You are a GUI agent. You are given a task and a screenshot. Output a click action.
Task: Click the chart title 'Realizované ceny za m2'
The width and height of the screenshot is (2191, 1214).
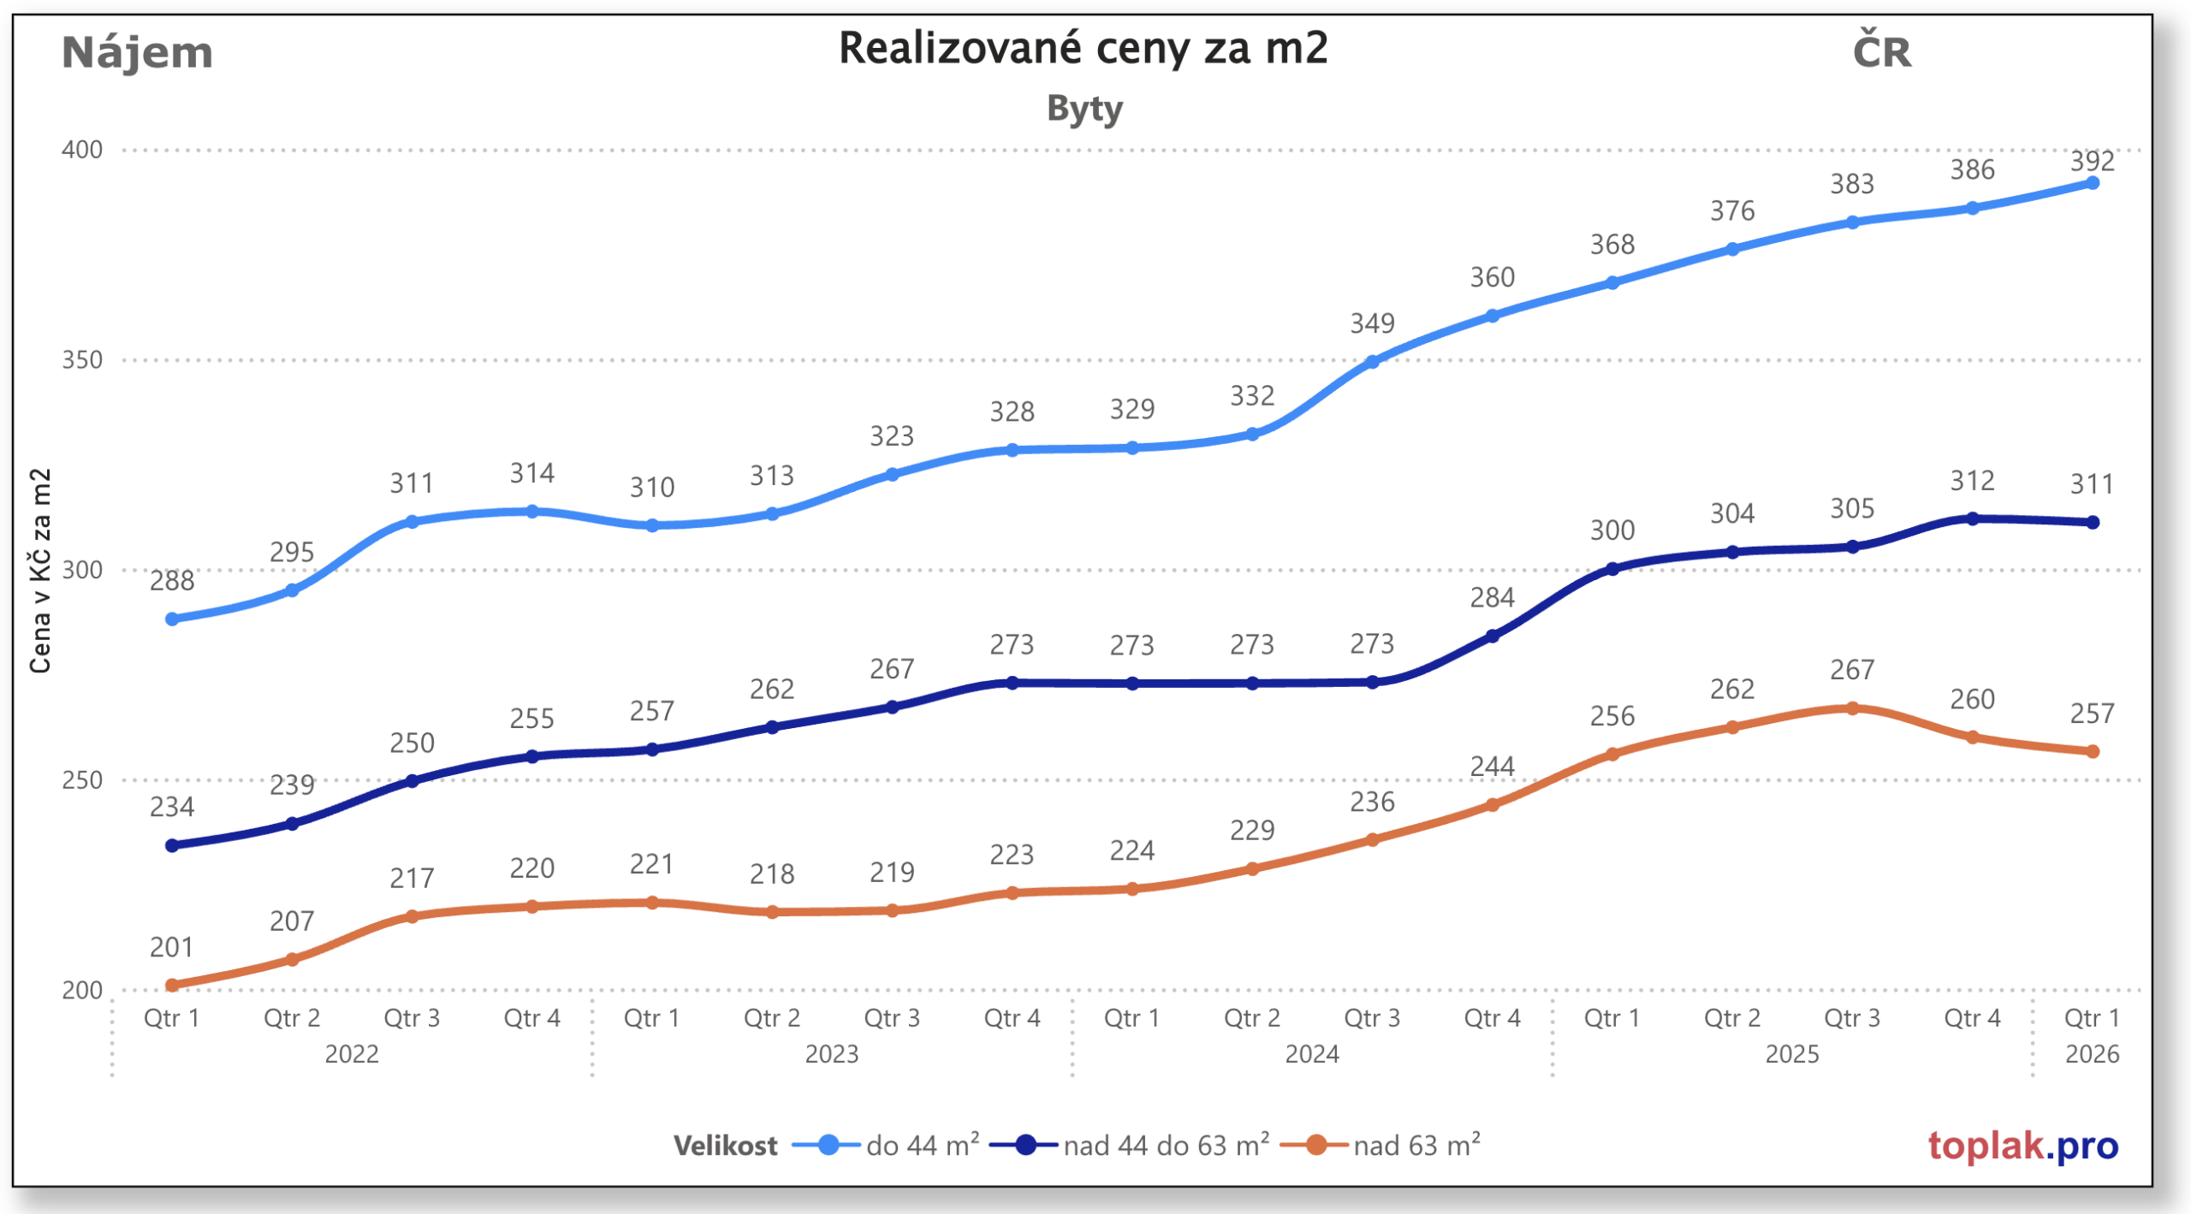click(1083, 48)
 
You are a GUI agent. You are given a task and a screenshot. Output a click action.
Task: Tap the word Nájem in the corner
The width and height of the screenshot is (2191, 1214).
click(137, 53)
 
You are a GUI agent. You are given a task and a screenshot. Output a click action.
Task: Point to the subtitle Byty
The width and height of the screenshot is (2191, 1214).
click(1084, 110)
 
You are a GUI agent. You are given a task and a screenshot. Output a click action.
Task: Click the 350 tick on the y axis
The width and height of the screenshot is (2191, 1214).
click(82, 359)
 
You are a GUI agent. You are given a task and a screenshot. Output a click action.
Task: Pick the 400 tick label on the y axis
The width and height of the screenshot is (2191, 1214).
click(82, 150)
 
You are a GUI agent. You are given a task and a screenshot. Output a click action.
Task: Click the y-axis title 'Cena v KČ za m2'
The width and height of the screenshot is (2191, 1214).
click(40, 571)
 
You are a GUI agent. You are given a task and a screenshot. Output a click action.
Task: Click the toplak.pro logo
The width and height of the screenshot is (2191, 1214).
click(2022, 1145)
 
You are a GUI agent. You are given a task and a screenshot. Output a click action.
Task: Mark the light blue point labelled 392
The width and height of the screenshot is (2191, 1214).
click(2093, 183)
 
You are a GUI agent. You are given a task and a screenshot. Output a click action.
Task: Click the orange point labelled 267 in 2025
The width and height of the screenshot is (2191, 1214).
click(1853, 708)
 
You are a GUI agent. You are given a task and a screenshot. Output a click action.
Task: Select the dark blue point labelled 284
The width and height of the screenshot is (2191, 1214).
click(1493, 636)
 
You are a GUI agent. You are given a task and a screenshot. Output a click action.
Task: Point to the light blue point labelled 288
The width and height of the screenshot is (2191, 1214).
click(172, 619)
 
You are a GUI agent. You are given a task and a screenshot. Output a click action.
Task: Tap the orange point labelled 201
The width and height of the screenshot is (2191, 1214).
click(172, 986)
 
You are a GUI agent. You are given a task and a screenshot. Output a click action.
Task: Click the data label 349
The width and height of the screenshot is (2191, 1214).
click(1372, 323)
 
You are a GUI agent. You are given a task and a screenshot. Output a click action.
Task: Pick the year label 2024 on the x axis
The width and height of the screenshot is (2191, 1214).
click(1312, 1054)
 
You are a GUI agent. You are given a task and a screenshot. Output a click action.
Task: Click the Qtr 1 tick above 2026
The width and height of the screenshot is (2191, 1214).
click(2092, 1018)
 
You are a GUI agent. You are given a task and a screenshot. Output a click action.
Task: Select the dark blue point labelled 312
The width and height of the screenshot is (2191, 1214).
click(1973, 518)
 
